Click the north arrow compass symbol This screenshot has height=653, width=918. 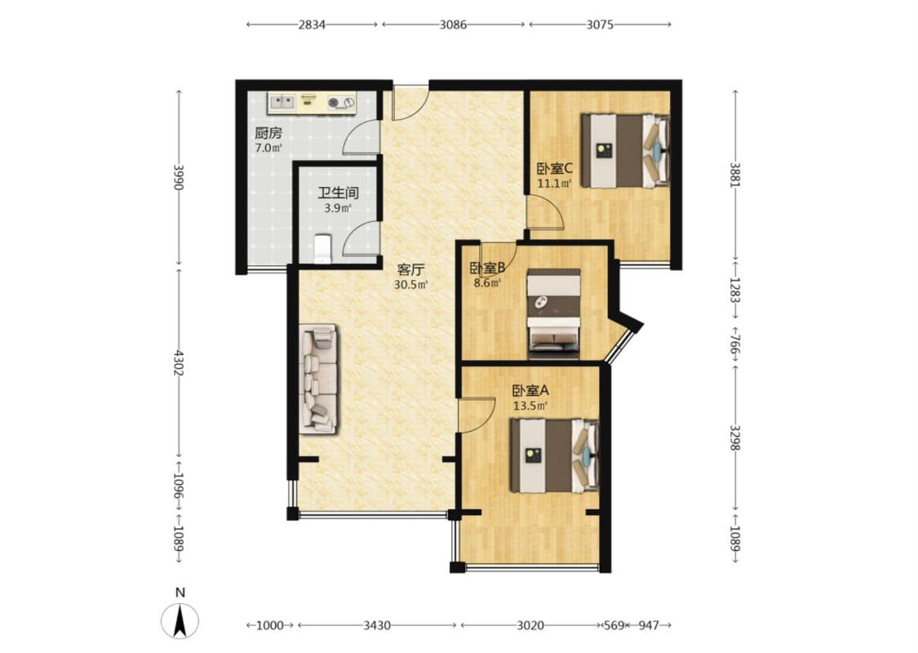coord(180,620)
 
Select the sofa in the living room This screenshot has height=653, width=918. coord(318,380)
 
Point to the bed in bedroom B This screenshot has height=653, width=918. coord(553,313)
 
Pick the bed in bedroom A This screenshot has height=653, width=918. coord(554,455)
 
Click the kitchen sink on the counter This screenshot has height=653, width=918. coord(282,102)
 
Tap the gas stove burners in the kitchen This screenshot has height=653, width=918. coord(341,103)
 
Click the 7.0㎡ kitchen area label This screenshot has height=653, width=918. coord(268,148)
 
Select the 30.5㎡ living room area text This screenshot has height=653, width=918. coord(410,285)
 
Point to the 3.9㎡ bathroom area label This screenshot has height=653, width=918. coord(338,208)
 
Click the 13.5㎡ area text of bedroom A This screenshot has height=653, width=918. coord(530,406)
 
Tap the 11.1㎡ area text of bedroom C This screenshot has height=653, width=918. coord(554,184)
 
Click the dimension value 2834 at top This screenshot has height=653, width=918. coord(312,24)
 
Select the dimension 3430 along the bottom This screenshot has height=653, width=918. coord(377,625)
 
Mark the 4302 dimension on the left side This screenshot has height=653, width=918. coord(180,364)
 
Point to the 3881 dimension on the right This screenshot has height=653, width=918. coord(735,175)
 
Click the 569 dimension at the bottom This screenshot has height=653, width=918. coord(614,625)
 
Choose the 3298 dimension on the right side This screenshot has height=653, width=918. coord(735,437)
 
